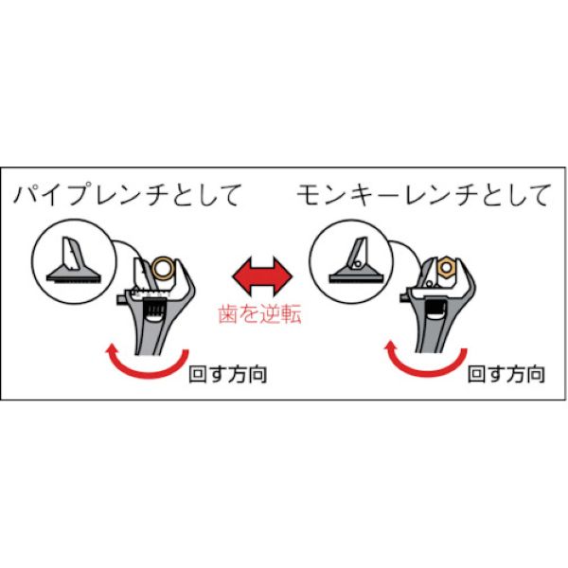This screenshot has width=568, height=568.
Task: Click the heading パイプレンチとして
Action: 128,197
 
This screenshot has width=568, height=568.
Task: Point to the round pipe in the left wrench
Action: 163,273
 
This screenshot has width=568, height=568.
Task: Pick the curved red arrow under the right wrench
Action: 421,362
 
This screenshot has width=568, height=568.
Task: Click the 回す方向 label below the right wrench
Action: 506,374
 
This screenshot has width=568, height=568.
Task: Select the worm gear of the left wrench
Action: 149,311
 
